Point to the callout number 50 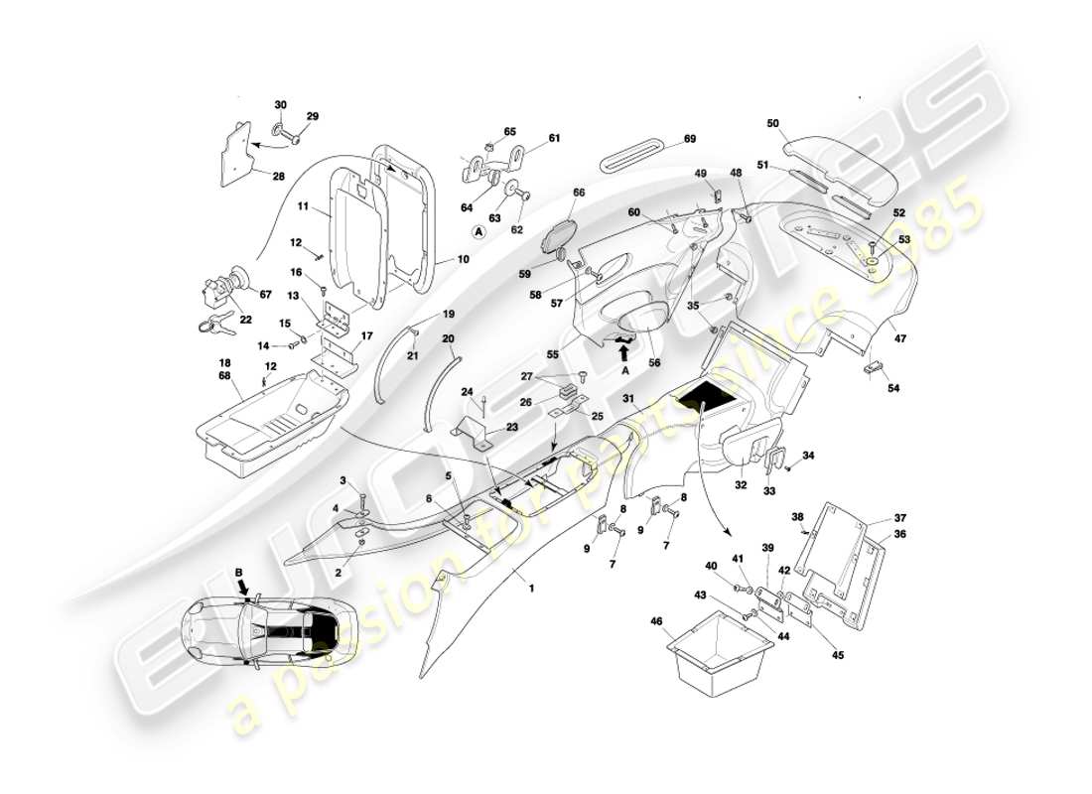pos(773,123)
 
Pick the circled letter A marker pos(478,231)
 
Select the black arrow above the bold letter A pos(623,344)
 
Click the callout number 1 pos(531,587)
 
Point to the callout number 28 pos(279,176)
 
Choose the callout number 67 pos(264,294)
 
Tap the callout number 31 pos(628,399)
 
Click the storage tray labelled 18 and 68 pos(268,417)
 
